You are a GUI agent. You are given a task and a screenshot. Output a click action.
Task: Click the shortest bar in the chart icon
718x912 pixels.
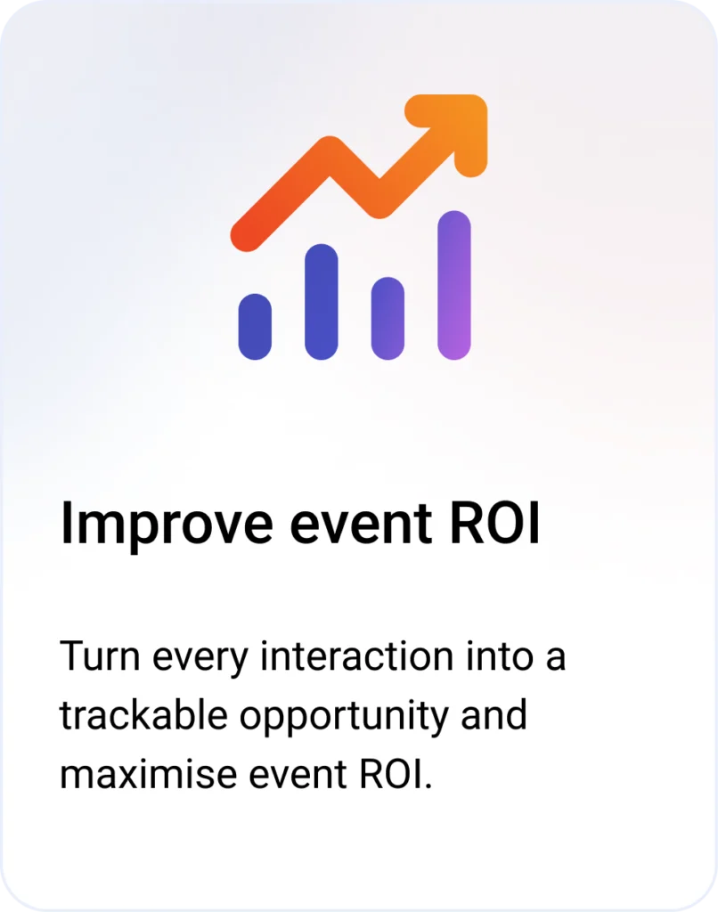pos(255,326)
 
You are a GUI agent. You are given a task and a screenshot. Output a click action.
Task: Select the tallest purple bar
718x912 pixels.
pos(453,285)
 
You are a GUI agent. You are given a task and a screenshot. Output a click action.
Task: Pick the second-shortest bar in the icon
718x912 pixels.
pos(388,318)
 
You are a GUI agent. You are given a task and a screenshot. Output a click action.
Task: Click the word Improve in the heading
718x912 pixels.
pos(167,524)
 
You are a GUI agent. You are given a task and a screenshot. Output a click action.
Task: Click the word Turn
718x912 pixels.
pos(100,655)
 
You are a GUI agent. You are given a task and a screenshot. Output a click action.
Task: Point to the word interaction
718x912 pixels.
pos(356,655)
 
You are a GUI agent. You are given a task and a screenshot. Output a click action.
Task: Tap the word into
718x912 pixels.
pos(500,655)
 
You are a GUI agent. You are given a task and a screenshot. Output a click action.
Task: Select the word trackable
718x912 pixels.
pos(143,714)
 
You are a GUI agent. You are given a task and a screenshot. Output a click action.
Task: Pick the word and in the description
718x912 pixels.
pos(494,714)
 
